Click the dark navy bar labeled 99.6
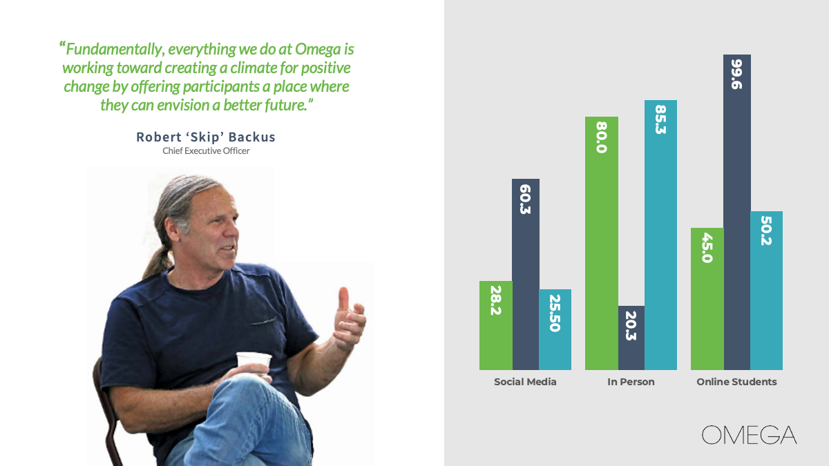coord(737,213)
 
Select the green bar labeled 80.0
coord(602,243)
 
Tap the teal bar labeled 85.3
coord(660,235)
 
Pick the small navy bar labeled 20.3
coord(631,338)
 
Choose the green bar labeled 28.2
coord(496,325)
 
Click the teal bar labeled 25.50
coord(555,329)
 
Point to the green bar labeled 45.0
coord(707,299)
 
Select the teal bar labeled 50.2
coord(766,291)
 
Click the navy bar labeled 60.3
coord(526,275)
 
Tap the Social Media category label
coord(525,382)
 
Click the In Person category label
coord(631,382)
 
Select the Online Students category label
coord(736,382)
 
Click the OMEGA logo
coord(749,435)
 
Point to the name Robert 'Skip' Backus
coord(206,137)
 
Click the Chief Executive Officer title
coord(206,151)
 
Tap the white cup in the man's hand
coord(254,360)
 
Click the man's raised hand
coord(350,319)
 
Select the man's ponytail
coord(158,261)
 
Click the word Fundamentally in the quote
coord(114,50)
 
